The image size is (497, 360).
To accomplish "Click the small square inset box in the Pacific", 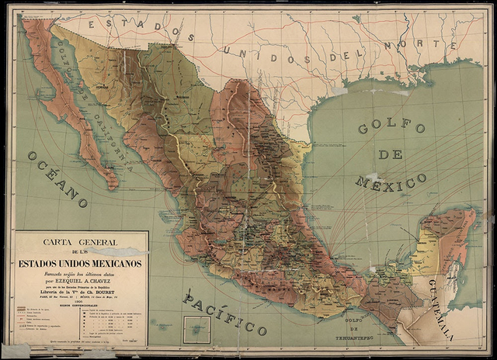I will (x=196, y=330).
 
